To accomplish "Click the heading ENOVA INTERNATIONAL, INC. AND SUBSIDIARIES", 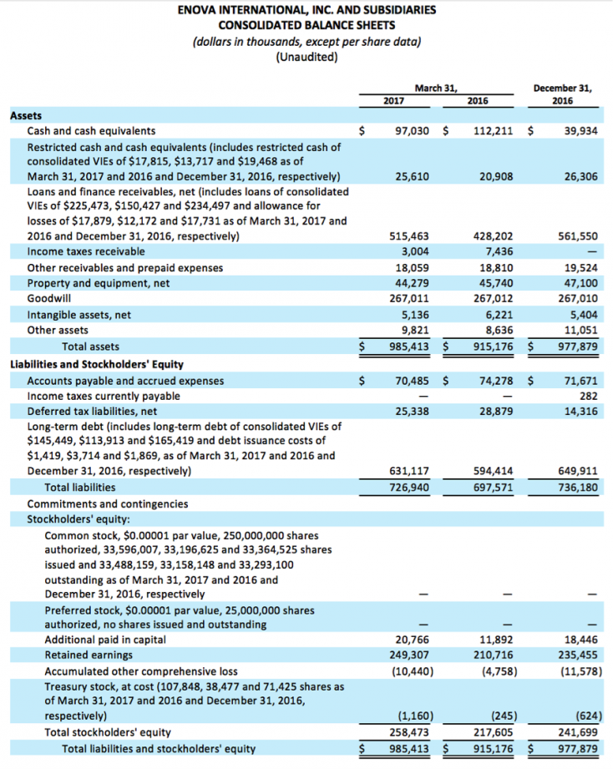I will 306,11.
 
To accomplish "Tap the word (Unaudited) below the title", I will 306,57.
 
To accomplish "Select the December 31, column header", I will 562,87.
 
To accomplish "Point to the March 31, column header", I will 436,87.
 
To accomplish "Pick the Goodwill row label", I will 49,298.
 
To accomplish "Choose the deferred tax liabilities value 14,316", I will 580,412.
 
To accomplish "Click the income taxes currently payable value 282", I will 589,397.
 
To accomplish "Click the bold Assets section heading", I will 25,116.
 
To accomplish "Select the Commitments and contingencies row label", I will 108,503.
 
